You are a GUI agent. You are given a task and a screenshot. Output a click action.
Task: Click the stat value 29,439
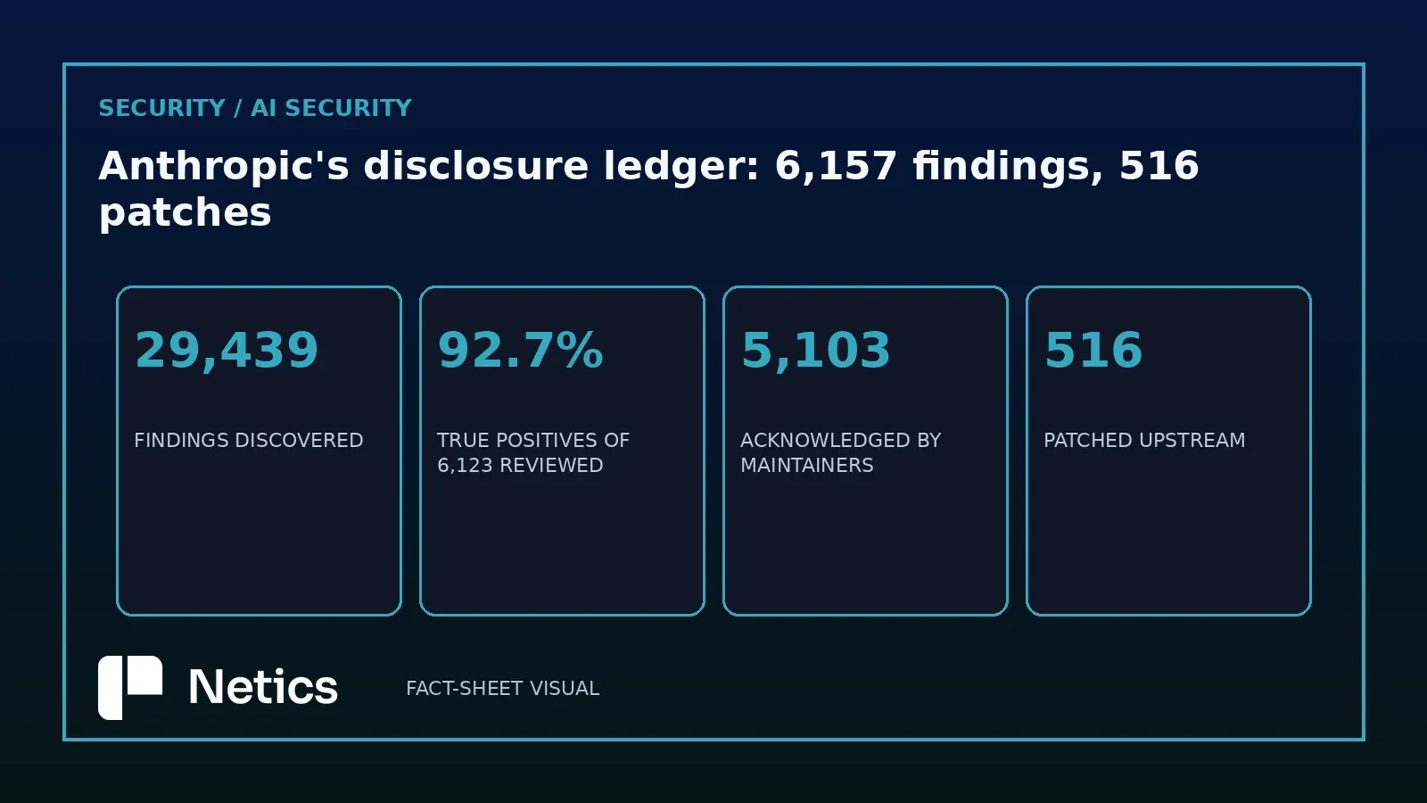point(227,350)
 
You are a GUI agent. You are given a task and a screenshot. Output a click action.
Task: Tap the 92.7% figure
point(521,350)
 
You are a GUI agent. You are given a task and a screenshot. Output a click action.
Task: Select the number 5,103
point(815,350)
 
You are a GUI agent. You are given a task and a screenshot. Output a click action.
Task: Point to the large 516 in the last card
point(1093,350)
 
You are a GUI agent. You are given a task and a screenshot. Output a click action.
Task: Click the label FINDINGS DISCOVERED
point(249,441)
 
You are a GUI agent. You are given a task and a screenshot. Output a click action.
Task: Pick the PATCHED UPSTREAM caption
point(1144,441)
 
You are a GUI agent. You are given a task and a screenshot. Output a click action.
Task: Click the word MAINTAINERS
point(806,465)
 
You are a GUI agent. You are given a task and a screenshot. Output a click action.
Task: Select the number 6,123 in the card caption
point(465,466)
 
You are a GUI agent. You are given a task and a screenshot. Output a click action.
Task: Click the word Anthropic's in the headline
point(224,166)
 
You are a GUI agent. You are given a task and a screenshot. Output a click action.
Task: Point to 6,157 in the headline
point(835,166)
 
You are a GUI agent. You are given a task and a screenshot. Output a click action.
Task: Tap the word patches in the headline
point(186,213)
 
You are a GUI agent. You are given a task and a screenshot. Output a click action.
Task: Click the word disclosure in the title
point(476,166)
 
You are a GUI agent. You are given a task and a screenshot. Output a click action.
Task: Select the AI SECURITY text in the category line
point(331,108)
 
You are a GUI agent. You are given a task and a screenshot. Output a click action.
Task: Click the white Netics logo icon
point(130,688)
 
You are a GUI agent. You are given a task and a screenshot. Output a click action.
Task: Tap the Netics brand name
point(263,687)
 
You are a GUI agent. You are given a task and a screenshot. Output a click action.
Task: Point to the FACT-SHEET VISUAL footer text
point(503,688)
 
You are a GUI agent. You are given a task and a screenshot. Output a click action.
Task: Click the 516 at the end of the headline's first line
point(1159,166)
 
